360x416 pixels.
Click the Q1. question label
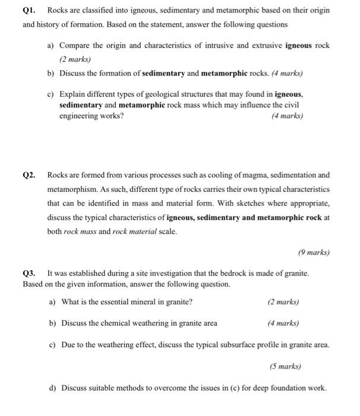pyautogui.click(x=30, y=11)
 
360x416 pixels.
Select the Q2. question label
pyautogui.click(x=30, y=175)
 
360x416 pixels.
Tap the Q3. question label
pyautogui.click(x=30, y=273)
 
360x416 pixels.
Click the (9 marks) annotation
pyautogui.click(x=313, y=253)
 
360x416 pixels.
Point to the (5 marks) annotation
pyautogui.click(x=285, y=366)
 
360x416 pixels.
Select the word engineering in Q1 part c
pyautogui.click(x=79, y=116)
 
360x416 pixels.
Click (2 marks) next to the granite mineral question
pyautogui.click(x=283, y=302)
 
